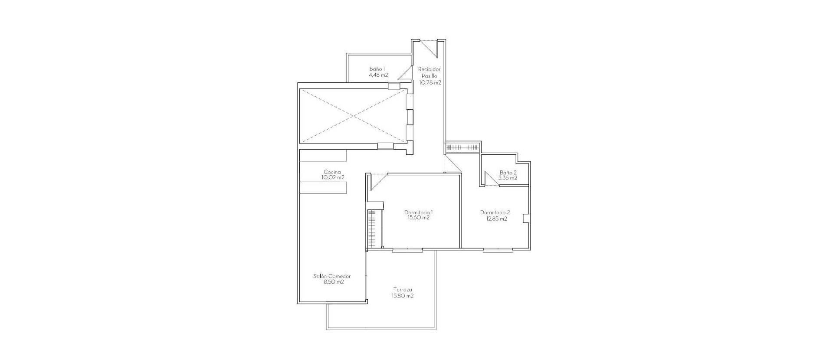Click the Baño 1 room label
[x=377, y=69]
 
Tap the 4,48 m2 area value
[x=378, y=75]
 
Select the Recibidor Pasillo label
[x=430, y=72]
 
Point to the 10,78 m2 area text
[x=430, y=82]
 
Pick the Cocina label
[x=332, y=172]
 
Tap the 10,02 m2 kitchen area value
[x=333, y=177]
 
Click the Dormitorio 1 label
[x=418, y=213]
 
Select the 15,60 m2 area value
[x=418, y=218]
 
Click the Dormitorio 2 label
[x=495, y=213]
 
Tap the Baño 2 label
[x=508, y=172]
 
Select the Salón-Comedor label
[x=332, y=276]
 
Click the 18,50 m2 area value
[x=333, y=282]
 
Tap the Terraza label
[x=403, y=290]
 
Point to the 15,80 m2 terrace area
[x=402, y=296]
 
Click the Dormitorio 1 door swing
[x=377, y=181]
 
